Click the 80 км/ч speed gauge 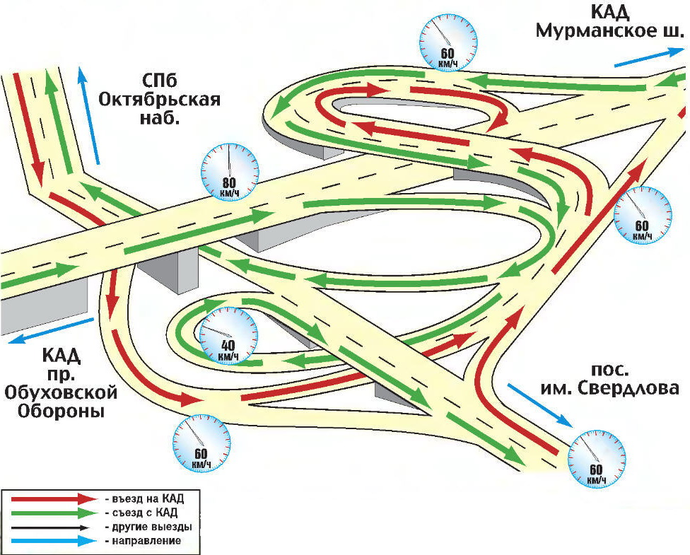[230, 173]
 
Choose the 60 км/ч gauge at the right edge [642, 214]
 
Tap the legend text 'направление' [144, 541]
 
